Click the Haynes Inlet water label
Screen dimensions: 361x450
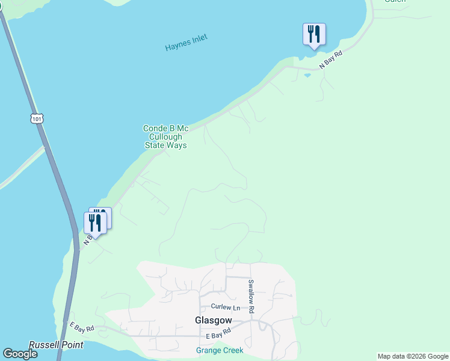[x=186, y=43]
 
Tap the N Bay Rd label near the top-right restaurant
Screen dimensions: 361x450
[x=330, y=61]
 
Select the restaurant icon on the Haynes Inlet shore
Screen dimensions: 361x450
[x=314, y=34]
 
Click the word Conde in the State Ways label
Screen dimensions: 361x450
[x=153, y=128]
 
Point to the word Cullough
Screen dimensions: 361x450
[x=165, y=137]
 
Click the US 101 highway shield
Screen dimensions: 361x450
[x=37, y=119]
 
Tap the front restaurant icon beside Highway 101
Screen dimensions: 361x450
[x=95, y=223]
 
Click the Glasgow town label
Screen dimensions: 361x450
[x=210, y=321]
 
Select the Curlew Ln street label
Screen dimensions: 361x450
[x=226, y=307]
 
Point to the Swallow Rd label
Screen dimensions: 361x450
[x=251, y=296]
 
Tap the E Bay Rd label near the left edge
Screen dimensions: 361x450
[x=81, y=329]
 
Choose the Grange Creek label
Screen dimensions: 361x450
[x=220, y=350]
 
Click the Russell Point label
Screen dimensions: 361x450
[x=56, y=345]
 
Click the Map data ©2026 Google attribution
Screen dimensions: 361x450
[x=413, y=356]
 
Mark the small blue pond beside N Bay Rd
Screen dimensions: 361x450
[x=308, y=75]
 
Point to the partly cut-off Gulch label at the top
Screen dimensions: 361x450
[x=395, y=2]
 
